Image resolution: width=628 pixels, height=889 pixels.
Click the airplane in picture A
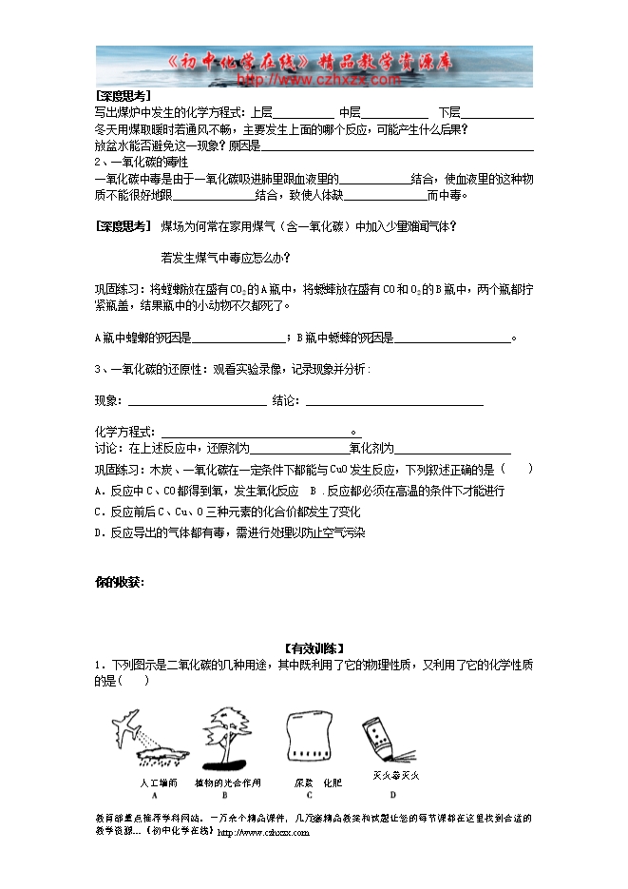(x=128, y=728)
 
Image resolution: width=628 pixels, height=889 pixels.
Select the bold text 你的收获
(x=119, y=582)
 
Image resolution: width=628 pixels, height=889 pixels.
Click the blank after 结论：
(x=393, y=400)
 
